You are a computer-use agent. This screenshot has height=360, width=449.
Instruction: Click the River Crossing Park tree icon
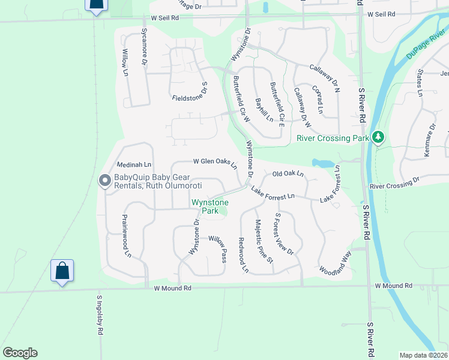(x=378, y=137)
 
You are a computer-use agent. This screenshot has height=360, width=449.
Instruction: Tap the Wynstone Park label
(x=205, y=207)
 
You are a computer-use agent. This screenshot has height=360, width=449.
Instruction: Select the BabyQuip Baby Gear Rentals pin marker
(x=104, y=181)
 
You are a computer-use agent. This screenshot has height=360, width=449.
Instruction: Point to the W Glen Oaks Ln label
(x=215, y=162)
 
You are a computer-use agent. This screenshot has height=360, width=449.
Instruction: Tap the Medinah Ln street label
(x=134, y=164)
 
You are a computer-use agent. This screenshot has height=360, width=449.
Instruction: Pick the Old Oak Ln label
(x=289, y=173)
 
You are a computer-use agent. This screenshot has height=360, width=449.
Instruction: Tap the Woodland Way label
(x=335, y=262)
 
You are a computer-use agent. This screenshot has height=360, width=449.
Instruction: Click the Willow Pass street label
(x=217, y=248)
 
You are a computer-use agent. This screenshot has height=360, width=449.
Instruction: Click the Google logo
(x=20, y=353)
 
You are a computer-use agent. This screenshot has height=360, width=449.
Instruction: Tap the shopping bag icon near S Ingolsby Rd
(x=62, y=271)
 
